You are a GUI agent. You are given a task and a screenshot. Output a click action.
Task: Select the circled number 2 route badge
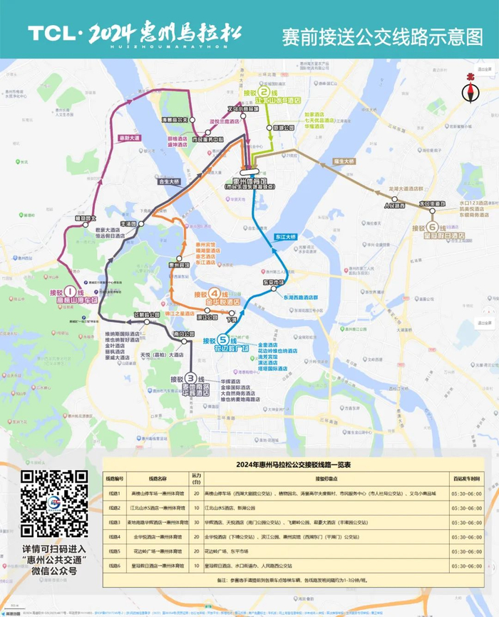(x=265, y=92)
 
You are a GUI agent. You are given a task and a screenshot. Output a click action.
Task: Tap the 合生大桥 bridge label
(x=170, y=181)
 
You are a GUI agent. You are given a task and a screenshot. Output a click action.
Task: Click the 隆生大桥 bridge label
(x=345, y=162)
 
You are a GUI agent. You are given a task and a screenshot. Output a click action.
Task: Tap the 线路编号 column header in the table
(x=115, y=478)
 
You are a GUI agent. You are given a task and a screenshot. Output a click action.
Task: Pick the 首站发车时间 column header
(x=465, y=478)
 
